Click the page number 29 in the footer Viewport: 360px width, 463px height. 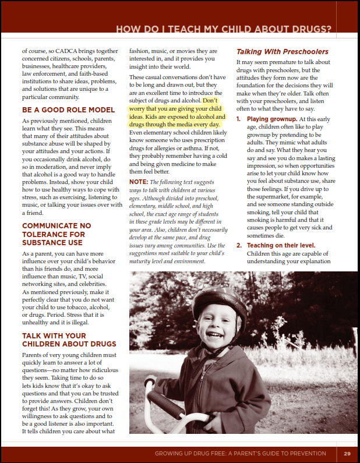click(x=347, y=454)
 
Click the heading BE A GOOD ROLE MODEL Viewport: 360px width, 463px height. click(x=68, y=109)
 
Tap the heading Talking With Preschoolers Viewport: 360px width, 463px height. click(x=283, y=52)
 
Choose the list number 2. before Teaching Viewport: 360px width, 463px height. click(x=239, y=245)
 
